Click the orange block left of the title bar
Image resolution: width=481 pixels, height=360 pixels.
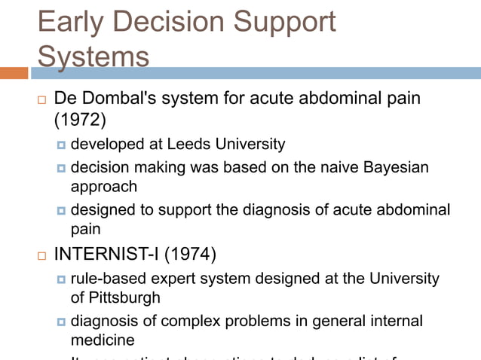14,73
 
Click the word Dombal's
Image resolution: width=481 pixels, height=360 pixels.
124,99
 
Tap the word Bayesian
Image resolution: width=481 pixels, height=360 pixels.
392,167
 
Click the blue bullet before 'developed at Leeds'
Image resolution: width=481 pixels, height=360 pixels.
61,145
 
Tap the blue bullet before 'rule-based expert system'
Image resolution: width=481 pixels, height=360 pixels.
61,279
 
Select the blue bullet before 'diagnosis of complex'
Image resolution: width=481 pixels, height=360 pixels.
61,322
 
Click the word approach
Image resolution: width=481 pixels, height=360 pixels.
104,186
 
